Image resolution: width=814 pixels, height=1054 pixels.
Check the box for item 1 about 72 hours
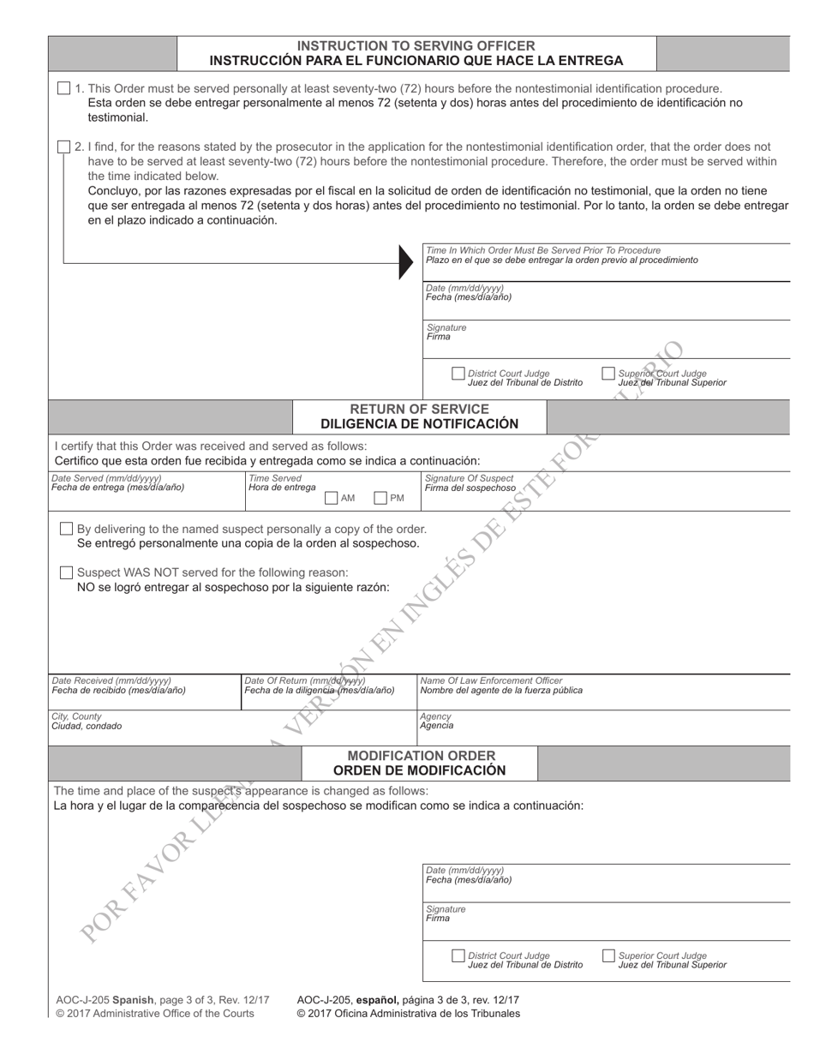pos(64,88)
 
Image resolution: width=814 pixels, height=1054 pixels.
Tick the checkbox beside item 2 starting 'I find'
pos(64,147)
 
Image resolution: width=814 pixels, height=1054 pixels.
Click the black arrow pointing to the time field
pos(405,261)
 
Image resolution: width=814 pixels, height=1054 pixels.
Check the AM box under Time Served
pos(332,498)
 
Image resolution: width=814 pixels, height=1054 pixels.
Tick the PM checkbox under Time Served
pos(380,498)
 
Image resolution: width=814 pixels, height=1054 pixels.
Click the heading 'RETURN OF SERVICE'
pos(419,409)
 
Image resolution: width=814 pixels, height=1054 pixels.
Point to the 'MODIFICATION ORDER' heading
pos(420,756)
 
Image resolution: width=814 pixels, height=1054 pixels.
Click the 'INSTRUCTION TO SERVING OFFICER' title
pos(416,45)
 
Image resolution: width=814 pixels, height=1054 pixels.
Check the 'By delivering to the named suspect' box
pos(66,529)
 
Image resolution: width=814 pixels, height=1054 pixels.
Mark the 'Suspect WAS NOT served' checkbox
pos(66,572)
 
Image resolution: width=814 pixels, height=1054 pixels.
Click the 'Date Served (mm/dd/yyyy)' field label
pos(106,478)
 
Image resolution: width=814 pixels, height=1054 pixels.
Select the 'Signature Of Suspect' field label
pos(469,478)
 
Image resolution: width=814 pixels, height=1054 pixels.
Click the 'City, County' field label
pos(76,716)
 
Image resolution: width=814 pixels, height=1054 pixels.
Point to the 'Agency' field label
pos(435,716)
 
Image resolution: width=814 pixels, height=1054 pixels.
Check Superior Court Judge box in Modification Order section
pos(608,955)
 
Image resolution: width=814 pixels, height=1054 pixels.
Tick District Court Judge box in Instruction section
pos(458,374)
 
